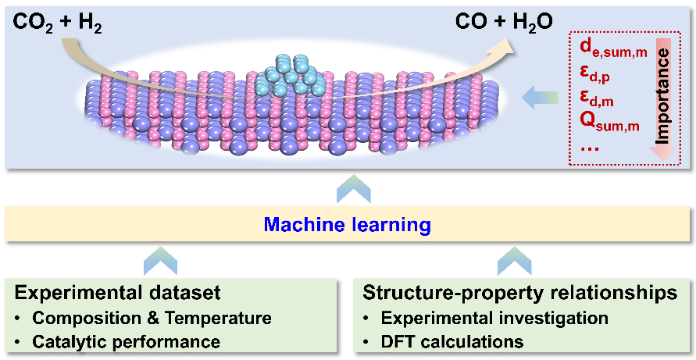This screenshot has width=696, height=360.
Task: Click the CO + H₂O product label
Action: [x=504, y=23]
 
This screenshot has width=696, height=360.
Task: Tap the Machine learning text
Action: [x=347, y=226]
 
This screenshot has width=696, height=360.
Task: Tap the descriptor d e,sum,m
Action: [x=612, y=48]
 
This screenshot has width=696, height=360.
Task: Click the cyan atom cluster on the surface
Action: [x=291, y=73]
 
